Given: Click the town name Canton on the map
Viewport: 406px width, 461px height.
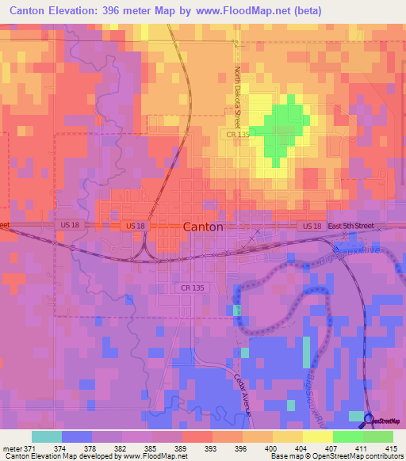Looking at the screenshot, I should point(203,227).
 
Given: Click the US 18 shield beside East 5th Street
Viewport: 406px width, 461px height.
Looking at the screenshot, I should point(311,226).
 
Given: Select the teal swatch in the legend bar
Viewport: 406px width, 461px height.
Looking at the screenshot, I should point(46,436).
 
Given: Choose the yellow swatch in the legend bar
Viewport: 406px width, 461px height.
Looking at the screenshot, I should point(287,436).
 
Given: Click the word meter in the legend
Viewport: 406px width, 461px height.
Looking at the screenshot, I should point(12,448).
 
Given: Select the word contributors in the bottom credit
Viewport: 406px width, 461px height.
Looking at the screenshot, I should point(385,456).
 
